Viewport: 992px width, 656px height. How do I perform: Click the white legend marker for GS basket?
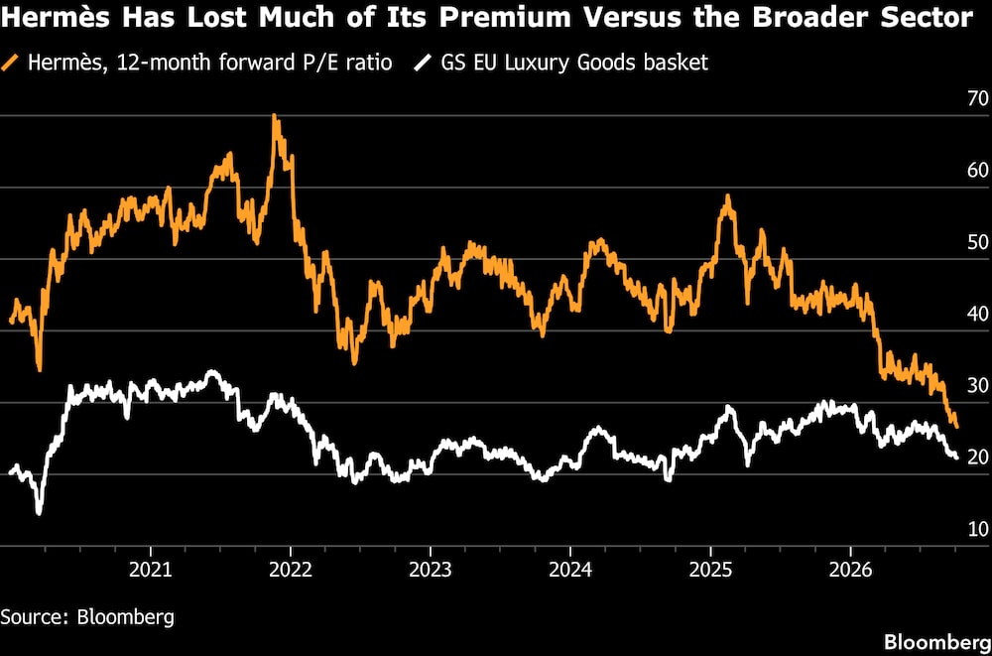(x=421, y=64)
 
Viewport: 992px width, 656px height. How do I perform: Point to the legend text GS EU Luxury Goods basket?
(x=570, y=64)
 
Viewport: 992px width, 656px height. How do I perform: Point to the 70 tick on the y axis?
(x=978, y=99)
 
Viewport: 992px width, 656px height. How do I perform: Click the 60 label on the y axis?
(x=978, y=171)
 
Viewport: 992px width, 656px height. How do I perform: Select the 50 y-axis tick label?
(x=978, y=242)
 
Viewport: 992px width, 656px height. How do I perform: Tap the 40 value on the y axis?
(x=978, y=314)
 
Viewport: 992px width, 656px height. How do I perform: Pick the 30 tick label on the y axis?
(x=978, y=386)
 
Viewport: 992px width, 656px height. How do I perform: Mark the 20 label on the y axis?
(x=978, y=458)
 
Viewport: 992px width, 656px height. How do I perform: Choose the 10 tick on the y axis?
(x=978, y=529)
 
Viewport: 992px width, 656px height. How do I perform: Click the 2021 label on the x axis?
(x=151, y=570)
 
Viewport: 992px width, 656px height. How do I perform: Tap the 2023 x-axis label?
(x=431, y=570)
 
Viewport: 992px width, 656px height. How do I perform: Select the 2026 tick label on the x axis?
(x=850, y=570)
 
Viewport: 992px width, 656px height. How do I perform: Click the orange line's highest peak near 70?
(x=274, y=116)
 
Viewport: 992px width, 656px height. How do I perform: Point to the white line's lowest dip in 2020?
(x=40, y=512)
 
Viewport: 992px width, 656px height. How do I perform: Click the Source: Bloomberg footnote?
(x=87, y=616)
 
